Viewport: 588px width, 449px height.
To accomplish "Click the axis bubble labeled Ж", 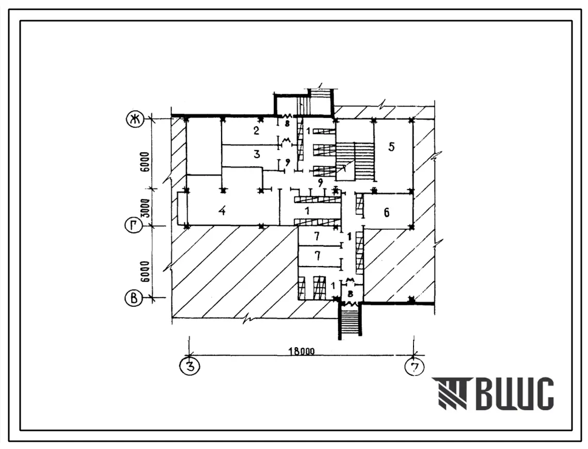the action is click(134, 120).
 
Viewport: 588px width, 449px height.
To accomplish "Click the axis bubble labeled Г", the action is click(134, 226).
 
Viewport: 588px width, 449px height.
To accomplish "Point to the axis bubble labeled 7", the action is click(415, 366).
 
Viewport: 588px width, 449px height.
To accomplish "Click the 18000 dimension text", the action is click(301, 352).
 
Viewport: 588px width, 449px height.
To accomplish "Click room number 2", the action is click(256, 131).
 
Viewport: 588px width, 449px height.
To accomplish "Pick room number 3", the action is click(257, 154).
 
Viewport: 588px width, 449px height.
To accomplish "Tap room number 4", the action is click(222, 211).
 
